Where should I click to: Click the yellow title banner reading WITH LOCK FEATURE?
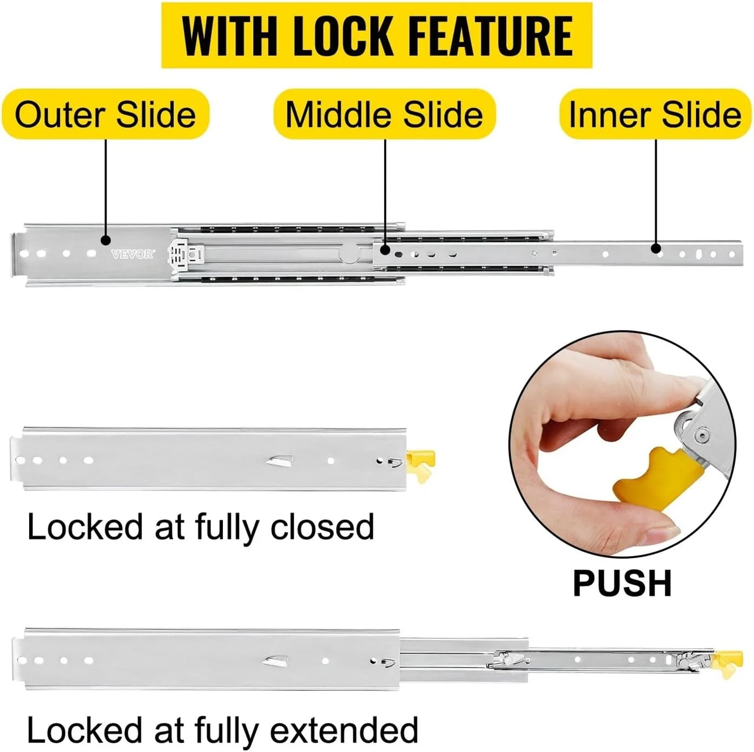377,35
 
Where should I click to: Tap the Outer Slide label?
105,114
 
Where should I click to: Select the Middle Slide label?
385,114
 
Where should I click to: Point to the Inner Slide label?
655,114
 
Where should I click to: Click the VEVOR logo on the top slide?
133,254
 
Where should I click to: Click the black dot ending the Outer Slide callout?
105,240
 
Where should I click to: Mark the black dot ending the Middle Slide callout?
385,250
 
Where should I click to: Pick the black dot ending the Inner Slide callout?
656,249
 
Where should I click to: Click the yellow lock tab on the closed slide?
421,465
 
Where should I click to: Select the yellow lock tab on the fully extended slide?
727,664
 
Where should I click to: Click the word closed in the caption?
322,527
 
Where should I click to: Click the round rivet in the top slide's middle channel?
350,253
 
